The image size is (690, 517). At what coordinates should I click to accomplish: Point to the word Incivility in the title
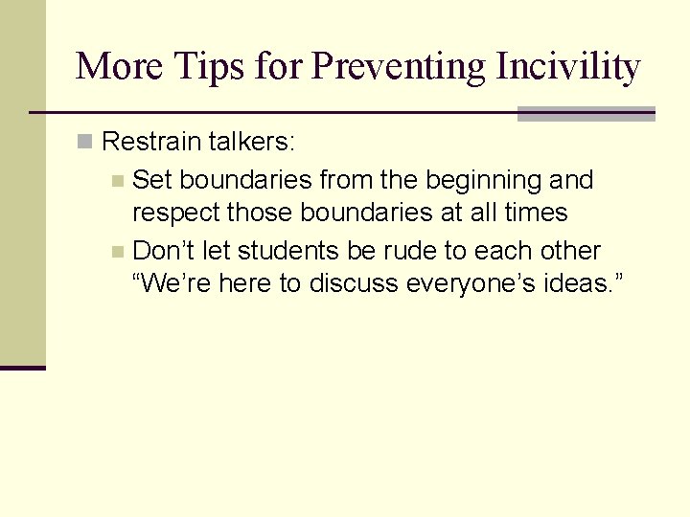click(x=567, y=67)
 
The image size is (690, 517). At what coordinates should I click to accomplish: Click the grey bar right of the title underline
click(x=586, y=114)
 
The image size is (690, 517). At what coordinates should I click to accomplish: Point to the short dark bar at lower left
click(x=22, y=367)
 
